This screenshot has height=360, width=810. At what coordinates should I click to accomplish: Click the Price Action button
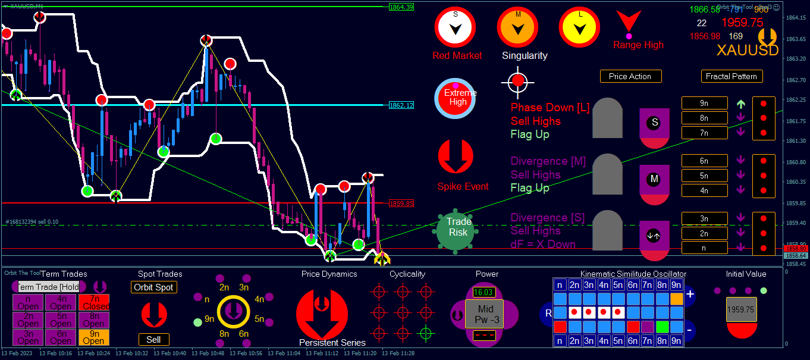coord(630,76)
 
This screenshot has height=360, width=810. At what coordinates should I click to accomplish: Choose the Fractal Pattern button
coord(731,76)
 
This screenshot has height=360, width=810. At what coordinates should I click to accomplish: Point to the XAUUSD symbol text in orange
coord(747,50)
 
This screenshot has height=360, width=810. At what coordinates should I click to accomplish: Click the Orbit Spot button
coord(153,287)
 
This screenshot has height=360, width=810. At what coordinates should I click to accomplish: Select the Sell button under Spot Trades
coord(153,339)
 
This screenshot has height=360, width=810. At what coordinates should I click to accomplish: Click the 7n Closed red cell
coord(93,302)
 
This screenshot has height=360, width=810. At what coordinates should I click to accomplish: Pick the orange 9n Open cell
coord(93,337)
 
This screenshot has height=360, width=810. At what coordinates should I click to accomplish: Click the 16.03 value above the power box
coord(484,292)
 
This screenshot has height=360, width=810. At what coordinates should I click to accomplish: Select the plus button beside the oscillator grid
coord(690,294)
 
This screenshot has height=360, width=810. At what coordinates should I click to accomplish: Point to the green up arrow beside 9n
coord(740,104)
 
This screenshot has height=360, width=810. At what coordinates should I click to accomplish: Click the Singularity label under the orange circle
coord(525,55)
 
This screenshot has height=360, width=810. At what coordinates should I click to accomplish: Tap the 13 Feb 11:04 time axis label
coord(285,353)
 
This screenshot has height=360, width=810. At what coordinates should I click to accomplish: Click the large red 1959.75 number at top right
coord(742,23)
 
